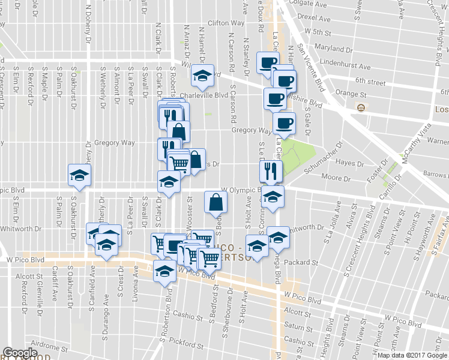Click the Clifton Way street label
point(226,23)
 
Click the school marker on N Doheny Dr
point(79,175)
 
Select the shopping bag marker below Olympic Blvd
point(215,202)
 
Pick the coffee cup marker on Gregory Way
point(283,124)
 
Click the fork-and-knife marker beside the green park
point(271,171)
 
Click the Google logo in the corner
point(20,353)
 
